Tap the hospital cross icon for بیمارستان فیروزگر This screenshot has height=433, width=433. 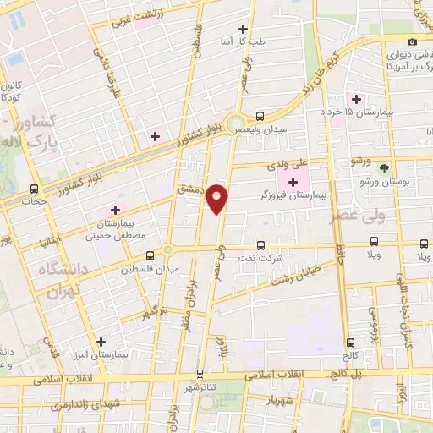pyautogui.click(x=293, y=182)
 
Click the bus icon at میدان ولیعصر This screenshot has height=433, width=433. pyautogui.click(x=259, y=117)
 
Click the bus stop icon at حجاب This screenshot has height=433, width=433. pyautogui.click(x=34, y=189)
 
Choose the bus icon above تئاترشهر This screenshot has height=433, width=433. pyautogui.click(x=200, y=373)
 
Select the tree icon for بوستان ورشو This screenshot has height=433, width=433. pyautogui.click(x=384, y=168)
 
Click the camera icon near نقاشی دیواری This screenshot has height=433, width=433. pyautogui.click(x=412, y=42)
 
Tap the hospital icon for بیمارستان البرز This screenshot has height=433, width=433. pyautogui.click(x=101, y=343)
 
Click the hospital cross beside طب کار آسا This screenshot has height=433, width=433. pyautogui.click(x=243, y=29)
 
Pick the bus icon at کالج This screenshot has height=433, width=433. pyautogui.click(x=351, y=343)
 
